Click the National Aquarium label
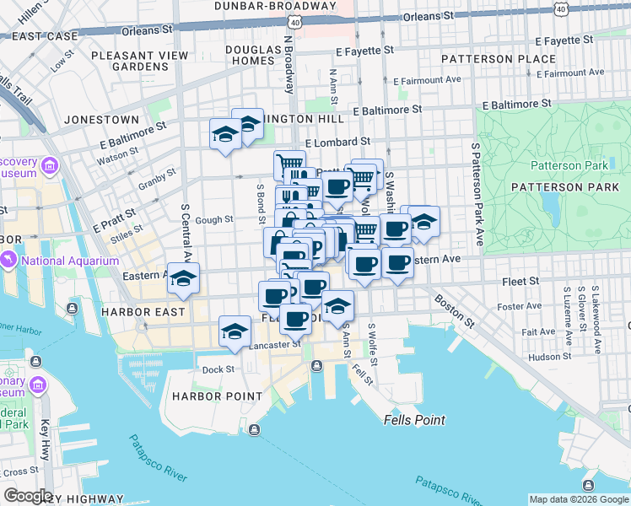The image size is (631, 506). (x=70, y=261)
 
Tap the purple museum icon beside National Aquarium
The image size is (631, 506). (x=9, y=261)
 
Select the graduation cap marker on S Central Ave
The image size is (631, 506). (x=182, y=279)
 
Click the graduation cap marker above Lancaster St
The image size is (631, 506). (x=235, y=331)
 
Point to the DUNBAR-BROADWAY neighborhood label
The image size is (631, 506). (x=262, y=5)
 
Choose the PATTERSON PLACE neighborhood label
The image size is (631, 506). (x=500, y=59)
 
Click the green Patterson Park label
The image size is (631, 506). (x=568, y=165)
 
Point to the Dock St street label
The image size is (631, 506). (x=218, y=369)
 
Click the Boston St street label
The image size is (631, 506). (x=454, y=311)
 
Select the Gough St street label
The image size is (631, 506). (x=215, y=219)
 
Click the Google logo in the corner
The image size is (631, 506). (x=28, y=496)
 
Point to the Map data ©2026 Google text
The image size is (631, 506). (x=578, y=499)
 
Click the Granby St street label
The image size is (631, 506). (x=156, y=178)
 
